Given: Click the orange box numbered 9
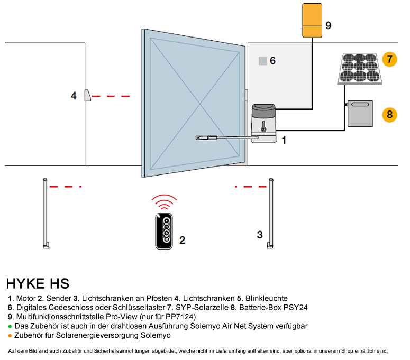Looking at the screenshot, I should coord(312,21).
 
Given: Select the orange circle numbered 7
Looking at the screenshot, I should coord(389,59).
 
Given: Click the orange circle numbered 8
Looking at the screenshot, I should coord(390,114).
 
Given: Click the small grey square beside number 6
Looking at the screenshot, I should coord(262,61).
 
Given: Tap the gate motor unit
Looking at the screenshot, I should coord(263,123).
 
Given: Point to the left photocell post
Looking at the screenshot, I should coord(45,214).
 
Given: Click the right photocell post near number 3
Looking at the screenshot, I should coord(271,214).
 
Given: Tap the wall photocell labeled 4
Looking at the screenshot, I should coord(88,96).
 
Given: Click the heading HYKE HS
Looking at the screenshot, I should coord(38,284).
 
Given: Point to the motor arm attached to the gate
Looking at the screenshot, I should coord(222,137).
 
